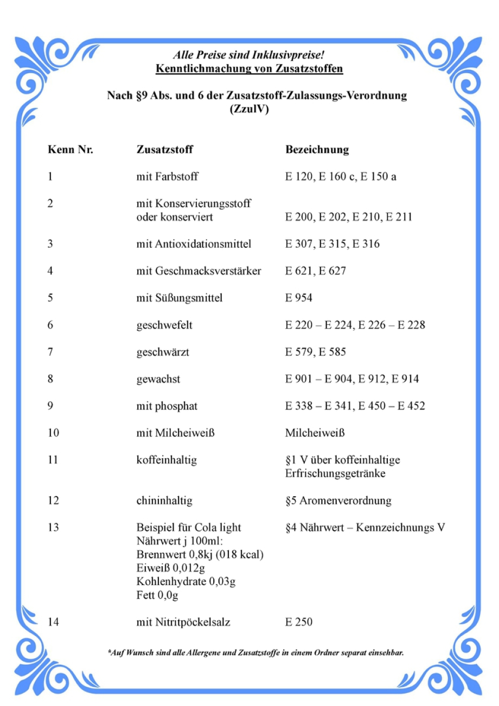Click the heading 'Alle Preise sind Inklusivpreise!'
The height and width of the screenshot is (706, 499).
(x=249, y=55)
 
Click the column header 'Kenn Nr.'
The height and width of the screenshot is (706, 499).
(x=71, y=150)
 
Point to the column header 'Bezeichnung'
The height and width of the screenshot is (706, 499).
(x=317, y=150)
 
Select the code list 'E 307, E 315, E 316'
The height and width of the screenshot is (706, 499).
(x=332, y=244)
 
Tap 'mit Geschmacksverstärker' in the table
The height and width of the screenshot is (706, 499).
(x=199, y=271)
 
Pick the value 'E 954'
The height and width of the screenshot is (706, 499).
(x=298, y=298)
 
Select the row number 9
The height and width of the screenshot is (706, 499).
(x=50, y=406)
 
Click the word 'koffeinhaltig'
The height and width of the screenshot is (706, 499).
(x=167, y=460)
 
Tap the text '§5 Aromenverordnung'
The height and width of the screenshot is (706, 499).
(x=338, y=500)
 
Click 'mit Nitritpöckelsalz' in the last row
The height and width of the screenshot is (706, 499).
(x=183, y=622)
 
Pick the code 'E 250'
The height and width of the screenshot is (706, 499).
(x=298, y=622)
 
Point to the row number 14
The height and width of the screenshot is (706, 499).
(x=53, y=622)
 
